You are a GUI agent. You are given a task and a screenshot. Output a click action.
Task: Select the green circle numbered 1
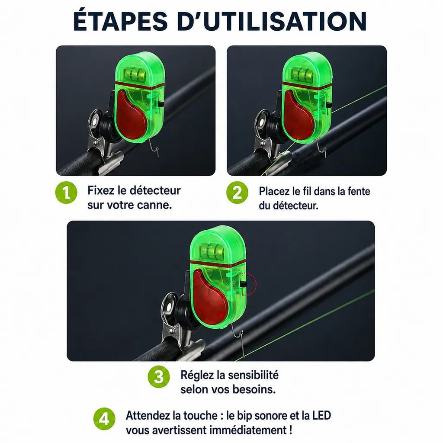pyautogui.click(x=66, y=193)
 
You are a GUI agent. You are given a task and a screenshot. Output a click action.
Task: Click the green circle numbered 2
pyautogui.click(x=238, y=193)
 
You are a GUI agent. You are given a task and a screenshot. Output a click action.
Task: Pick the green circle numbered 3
pyautogui.click(x=159, y=377)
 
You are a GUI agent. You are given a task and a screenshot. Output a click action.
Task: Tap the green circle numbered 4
pyautogui.click(x=104, y=419)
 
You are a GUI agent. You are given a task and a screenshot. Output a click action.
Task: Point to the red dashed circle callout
pyautogui.click(x=245, y=284)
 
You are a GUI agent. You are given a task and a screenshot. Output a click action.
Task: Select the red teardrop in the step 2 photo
pyautogui.click(x=299, y=115)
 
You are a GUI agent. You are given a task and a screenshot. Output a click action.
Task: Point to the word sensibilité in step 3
pyautogui.click(x=253, y=375)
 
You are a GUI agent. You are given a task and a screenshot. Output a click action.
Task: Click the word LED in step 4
pyautogui.click(x=321, y=416)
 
